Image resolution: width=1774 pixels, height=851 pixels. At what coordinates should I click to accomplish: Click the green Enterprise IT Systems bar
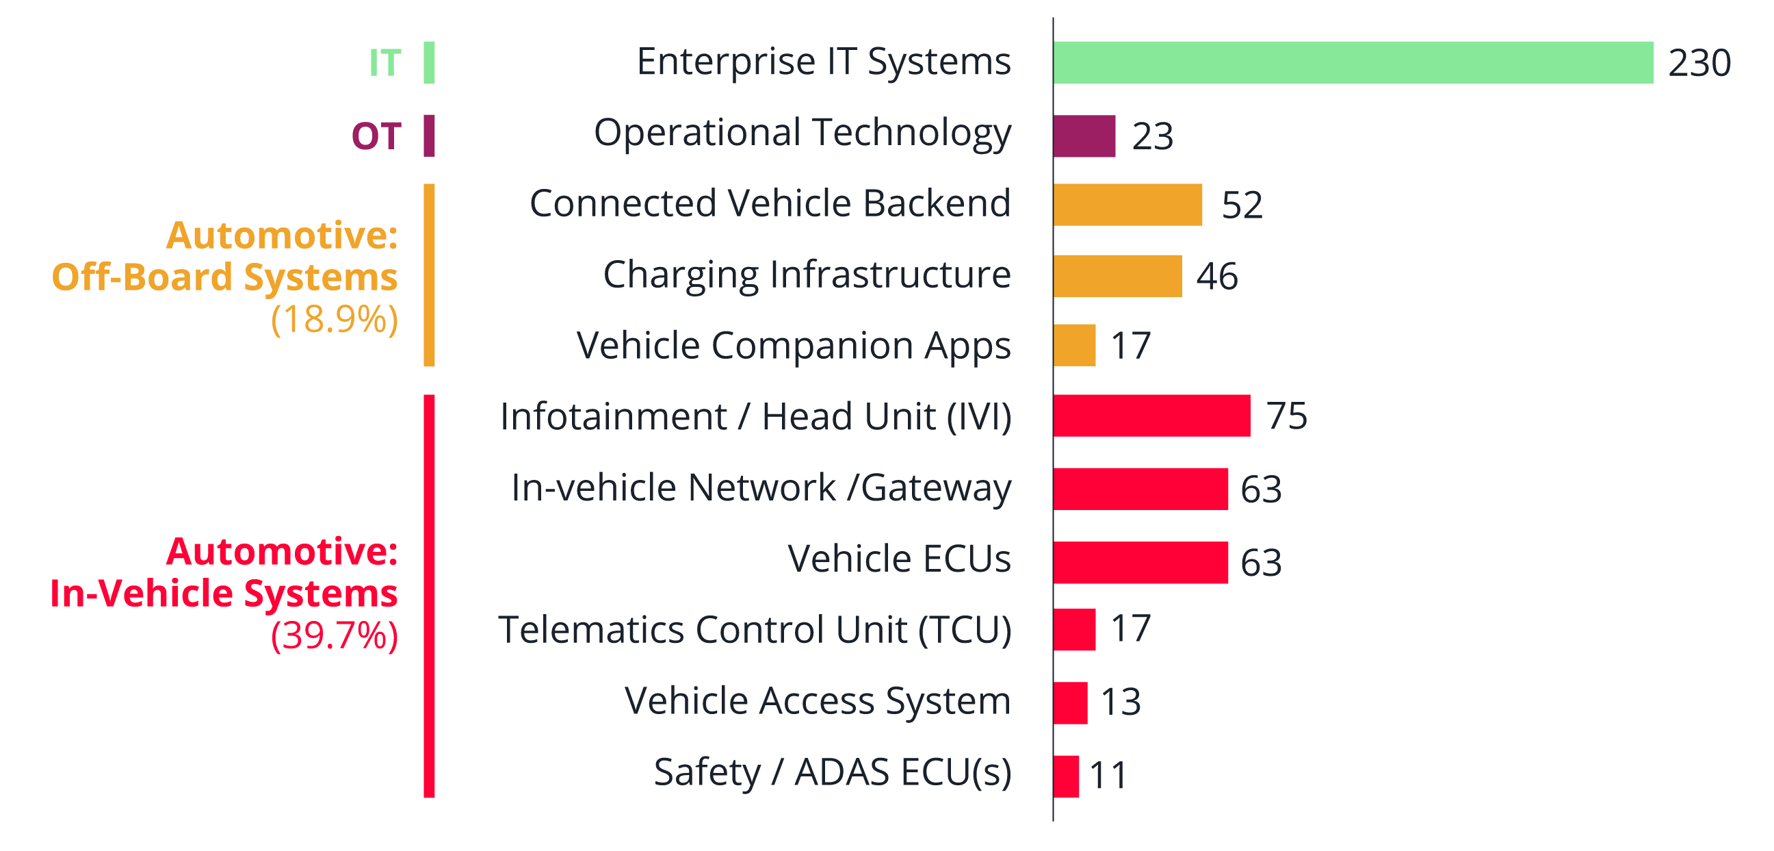(1353, 63)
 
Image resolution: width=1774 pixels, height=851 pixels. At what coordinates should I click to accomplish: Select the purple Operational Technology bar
(1084, 136)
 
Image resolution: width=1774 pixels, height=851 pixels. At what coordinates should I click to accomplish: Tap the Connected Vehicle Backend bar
(1128, 205)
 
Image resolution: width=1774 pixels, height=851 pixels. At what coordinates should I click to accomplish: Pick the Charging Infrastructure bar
(1118, 276)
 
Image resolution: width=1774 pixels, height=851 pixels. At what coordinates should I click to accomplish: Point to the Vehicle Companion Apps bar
(1074, 344)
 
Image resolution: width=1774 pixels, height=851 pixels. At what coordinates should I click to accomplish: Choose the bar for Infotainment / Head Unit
(1151, 416)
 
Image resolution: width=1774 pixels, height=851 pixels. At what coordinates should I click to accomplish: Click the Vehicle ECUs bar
(1140, 562)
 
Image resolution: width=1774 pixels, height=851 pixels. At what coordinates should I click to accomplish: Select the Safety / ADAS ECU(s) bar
(1066, 776)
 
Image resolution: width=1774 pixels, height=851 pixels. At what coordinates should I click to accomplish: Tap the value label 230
(1699, 63)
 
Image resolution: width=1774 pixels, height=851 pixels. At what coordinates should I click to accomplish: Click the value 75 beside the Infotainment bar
(1286, 416)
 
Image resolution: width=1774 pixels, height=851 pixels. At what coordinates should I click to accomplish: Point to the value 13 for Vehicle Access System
(1121, 702)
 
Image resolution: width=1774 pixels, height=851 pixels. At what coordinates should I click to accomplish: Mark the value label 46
(1216, 277)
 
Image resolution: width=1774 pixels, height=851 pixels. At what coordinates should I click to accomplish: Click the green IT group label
(385, 63)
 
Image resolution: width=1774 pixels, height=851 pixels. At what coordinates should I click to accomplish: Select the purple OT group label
(376, 136)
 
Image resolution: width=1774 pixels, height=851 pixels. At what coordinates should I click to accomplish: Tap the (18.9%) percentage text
(335, 319)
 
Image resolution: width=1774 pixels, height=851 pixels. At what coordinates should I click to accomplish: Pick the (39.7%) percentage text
(335, 635)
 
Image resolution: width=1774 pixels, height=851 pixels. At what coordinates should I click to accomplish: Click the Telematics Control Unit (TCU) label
(755, 630)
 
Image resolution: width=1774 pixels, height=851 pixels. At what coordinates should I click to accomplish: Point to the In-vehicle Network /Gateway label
(761, 488)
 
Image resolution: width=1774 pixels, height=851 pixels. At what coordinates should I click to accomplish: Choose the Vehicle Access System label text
(818, 702)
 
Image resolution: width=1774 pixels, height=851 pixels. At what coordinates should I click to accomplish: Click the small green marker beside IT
(429, 63)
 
